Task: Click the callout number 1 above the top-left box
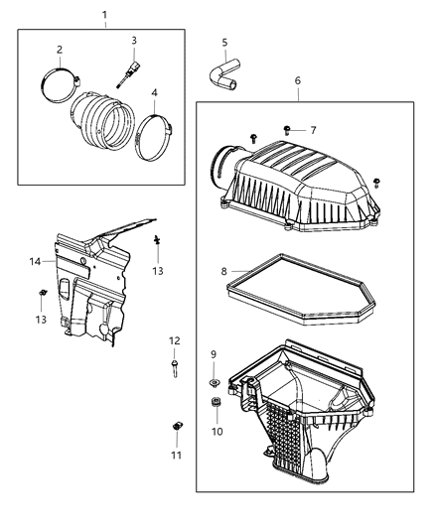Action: coord(104,15)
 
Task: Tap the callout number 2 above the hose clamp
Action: coord(60,50)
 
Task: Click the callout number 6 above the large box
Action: coord(297,80)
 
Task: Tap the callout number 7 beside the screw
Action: coord(313,130)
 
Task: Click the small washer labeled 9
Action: coord(214,382)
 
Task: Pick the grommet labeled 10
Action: coord(215,402)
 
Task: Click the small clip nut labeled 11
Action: coord(176,426)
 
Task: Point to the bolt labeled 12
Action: coord(175,368)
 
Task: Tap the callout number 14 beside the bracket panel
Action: coord(35,261)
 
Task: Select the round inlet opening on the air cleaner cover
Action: coord(218,166)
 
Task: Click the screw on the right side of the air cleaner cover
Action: coord(376,183)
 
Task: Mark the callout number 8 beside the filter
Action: coord(224,271)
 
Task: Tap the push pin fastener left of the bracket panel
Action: coord(42,293)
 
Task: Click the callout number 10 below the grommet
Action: coord(217,432)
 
